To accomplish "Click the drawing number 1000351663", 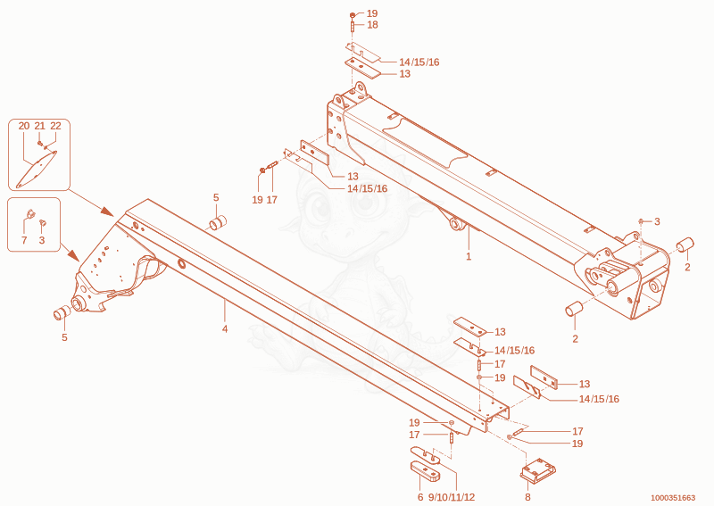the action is (673, 498).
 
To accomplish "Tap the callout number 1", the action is (469, 256).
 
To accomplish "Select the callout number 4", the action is (225, 328).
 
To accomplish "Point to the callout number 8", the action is (527, 497).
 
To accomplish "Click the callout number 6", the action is (420, 497).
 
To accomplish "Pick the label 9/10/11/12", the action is (452, 497).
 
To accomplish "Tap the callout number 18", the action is (372, 25).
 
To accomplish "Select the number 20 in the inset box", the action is (24, 126).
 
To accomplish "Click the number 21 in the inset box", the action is (40, 126).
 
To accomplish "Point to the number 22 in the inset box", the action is (55, 126).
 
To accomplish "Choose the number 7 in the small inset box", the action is (25, 240).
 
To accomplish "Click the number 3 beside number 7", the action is (42, 240).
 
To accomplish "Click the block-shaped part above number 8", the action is (538, 469).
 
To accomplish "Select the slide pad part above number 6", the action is (426, 471).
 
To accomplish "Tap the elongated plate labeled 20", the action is (37, 170).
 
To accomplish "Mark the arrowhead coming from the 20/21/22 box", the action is (107, 212).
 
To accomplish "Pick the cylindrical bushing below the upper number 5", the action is (218, 223).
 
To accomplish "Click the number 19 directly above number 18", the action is (372, 13).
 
